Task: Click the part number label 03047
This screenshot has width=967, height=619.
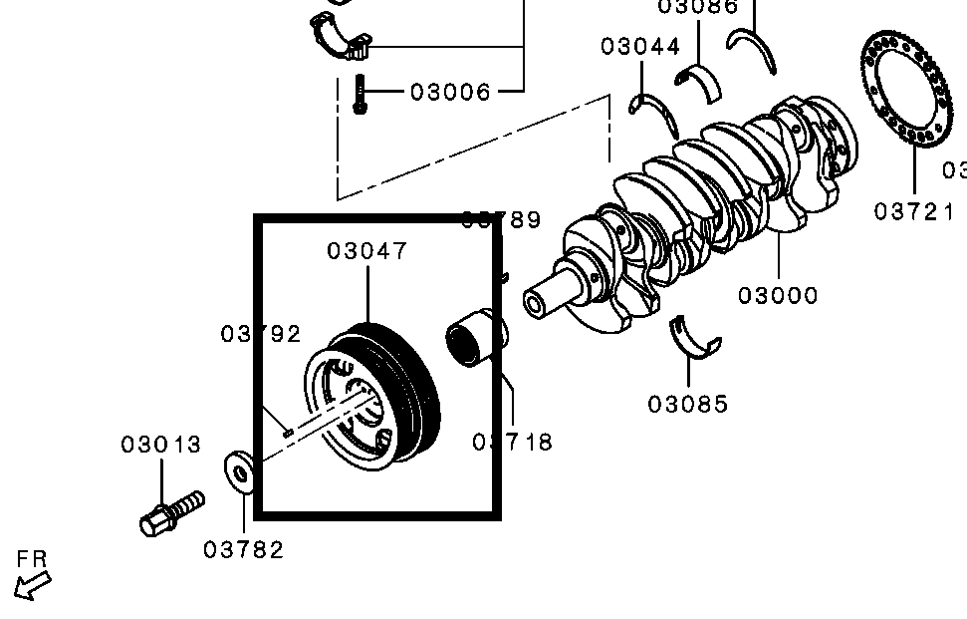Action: coord(367,251)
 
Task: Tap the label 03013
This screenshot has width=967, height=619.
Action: coord(161,445)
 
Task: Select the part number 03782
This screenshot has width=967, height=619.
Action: coord(244,549)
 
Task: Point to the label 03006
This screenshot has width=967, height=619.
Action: coord(451,93)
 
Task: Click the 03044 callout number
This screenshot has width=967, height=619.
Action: coord(640,47)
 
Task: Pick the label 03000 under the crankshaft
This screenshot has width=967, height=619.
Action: coord(778,295)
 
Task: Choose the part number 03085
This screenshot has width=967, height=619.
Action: coord(688,404)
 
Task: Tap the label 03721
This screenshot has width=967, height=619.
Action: coord(914,211)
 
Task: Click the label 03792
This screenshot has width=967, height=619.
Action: coord(261,334)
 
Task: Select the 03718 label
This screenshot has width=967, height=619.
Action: coord(513,442)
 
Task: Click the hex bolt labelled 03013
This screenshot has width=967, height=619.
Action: coord(169,510)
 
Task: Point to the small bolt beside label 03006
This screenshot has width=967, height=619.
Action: coord(360,95)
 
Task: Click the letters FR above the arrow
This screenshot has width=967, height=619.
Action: coord(32,559)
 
